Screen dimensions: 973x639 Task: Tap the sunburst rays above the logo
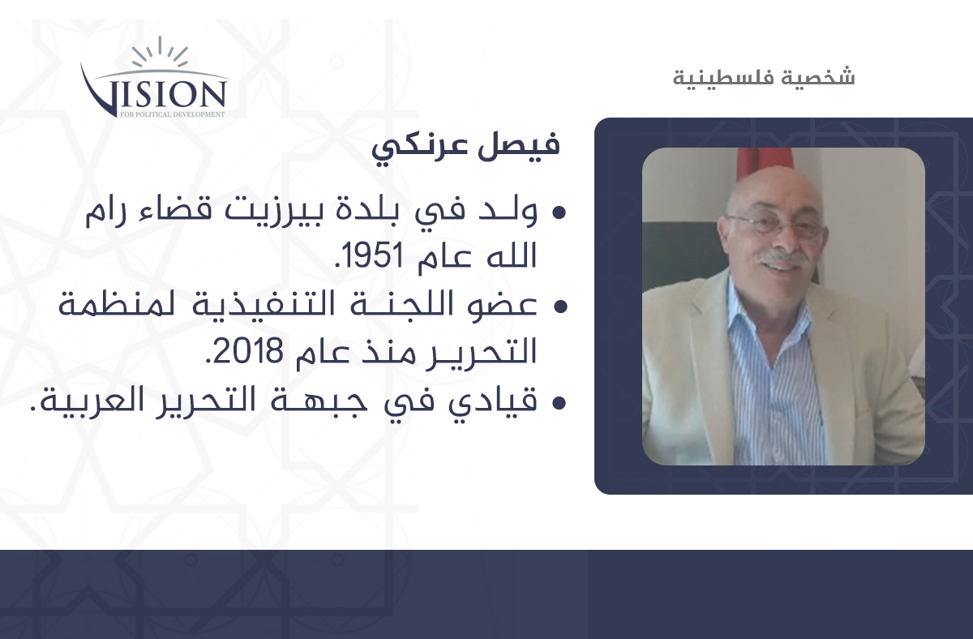[161, 52]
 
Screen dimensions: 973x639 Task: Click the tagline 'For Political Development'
[173, 114]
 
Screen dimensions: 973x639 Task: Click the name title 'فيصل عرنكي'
[465, 147]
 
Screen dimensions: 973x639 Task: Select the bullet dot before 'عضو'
[560, 307]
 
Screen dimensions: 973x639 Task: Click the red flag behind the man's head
[765, 161]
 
